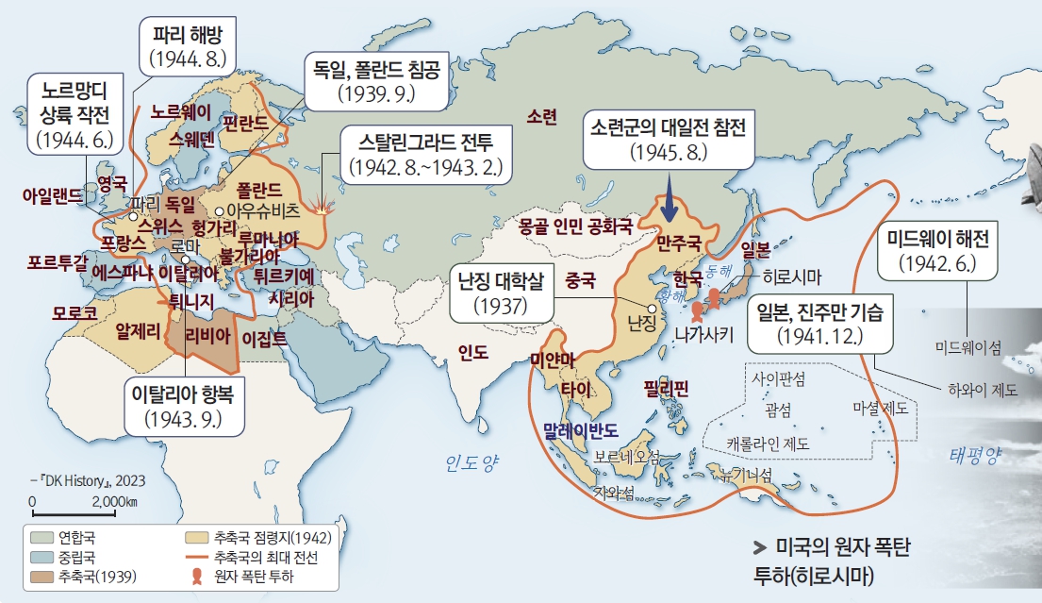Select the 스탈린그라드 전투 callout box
(428, 155)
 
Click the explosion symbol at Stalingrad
(324, 209)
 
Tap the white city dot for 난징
(652, 309)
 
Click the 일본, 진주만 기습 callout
(816, 324)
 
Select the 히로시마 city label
(791, 277)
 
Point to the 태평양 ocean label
(973, 457)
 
